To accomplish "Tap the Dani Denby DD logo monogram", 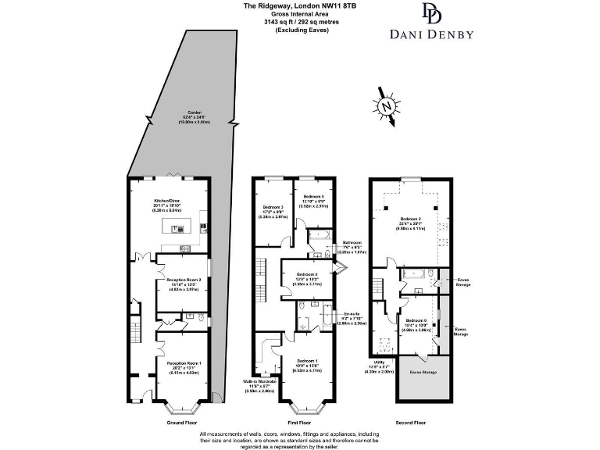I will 431,13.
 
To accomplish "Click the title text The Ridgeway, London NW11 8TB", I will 287,5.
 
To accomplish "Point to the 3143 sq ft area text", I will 287,23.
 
